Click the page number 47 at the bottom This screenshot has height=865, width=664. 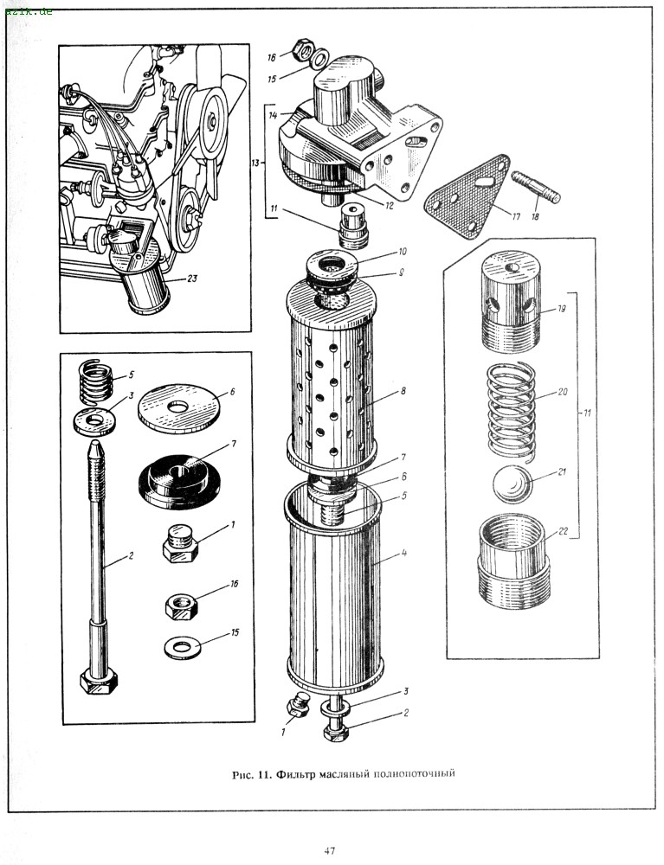click(x=330, y=850)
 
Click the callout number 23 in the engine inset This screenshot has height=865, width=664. click(x=192, y=279)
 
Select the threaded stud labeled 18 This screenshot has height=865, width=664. click(x=538, y=188)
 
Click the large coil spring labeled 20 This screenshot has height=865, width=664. click(x=512, y=407)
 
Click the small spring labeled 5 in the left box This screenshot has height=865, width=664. click(x=94, y=381)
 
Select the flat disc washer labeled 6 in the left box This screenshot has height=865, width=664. click(x=180, y=405)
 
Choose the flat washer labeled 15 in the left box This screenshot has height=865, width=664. click(x=182, y=645)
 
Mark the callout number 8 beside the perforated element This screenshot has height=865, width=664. click(x=403, y=392)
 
